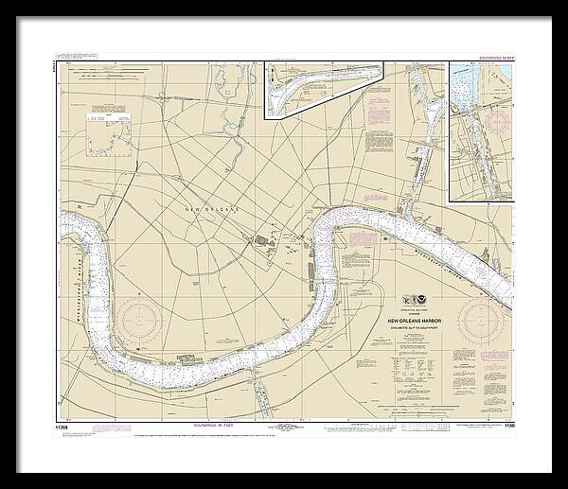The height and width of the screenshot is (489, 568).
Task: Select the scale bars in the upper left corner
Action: click(95, 76)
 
